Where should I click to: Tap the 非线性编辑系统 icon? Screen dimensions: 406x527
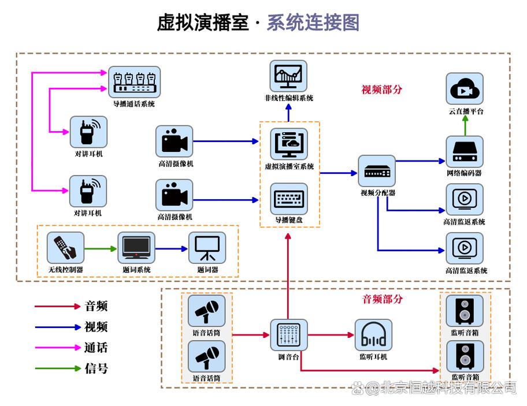click(288, 76)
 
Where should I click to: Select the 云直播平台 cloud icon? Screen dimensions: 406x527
click(465, 89)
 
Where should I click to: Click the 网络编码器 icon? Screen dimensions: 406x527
click(465, 151)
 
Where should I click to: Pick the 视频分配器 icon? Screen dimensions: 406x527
click(377, 170)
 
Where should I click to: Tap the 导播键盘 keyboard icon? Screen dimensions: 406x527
click(289, 199)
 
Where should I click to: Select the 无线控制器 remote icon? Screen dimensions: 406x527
click(65, 248)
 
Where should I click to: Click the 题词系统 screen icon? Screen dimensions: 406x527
click(136, 248)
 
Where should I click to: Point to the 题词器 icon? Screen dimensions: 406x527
click(207, 248)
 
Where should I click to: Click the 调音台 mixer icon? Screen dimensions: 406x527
click(289, 334)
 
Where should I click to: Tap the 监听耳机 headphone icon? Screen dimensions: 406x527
click(373, 334)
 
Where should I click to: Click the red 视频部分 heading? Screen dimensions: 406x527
click(381, 90)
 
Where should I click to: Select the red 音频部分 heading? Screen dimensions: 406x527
click(382, 299)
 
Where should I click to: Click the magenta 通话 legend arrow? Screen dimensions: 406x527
click(57, 348)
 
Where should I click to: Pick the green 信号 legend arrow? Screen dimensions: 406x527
click(57, 368)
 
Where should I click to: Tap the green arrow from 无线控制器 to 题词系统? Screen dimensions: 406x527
click(101, 248)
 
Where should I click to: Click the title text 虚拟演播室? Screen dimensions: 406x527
click(203, 23)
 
